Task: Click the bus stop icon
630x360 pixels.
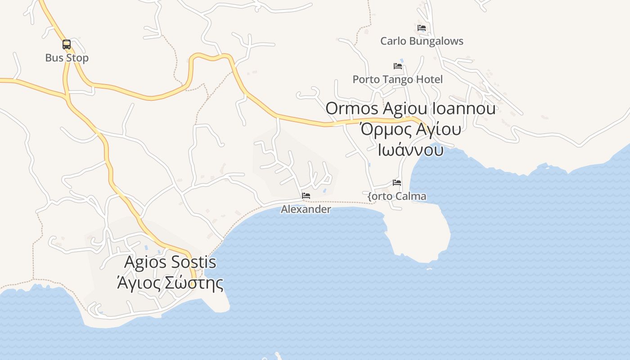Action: coord(67,45)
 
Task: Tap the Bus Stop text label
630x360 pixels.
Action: coord(67,58)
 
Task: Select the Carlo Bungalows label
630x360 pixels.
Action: coord(422,41)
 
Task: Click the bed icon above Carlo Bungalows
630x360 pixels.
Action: coord(422,28)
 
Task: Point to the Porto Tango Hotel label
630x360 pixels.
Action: coord(397,80)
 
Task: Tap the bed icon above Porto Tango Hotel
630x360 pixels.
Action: coord(398,66)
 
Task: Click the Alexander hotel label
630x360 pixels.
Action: coord(306,210)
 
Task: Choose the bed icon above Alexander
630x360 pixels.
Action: coord(306,196)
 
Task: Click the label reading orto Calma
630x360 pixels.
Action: coord(397,197)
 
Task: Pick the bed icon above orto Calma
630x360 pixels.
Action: coord(397,183)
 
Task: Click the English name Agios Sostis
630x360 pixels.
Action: coord(170,262)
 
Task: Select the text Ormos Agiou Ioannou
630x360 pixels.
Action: coord(410,108)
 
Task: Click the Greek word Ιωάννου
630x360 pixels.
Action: coord(410,150)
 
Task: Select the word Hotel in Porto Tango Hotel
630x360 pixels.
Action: coord(429,80)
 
